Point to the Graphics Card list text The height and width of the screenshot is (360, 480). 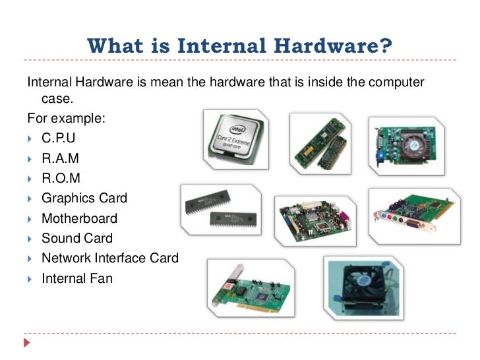84,198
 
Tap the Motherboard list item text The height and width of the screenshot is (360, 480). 79,218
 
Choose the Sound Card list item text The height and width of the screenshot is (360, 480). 77,238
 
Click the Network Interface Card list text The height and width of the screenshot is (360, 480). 109,258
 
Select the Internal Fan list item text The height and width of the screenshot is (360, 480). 76,278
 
